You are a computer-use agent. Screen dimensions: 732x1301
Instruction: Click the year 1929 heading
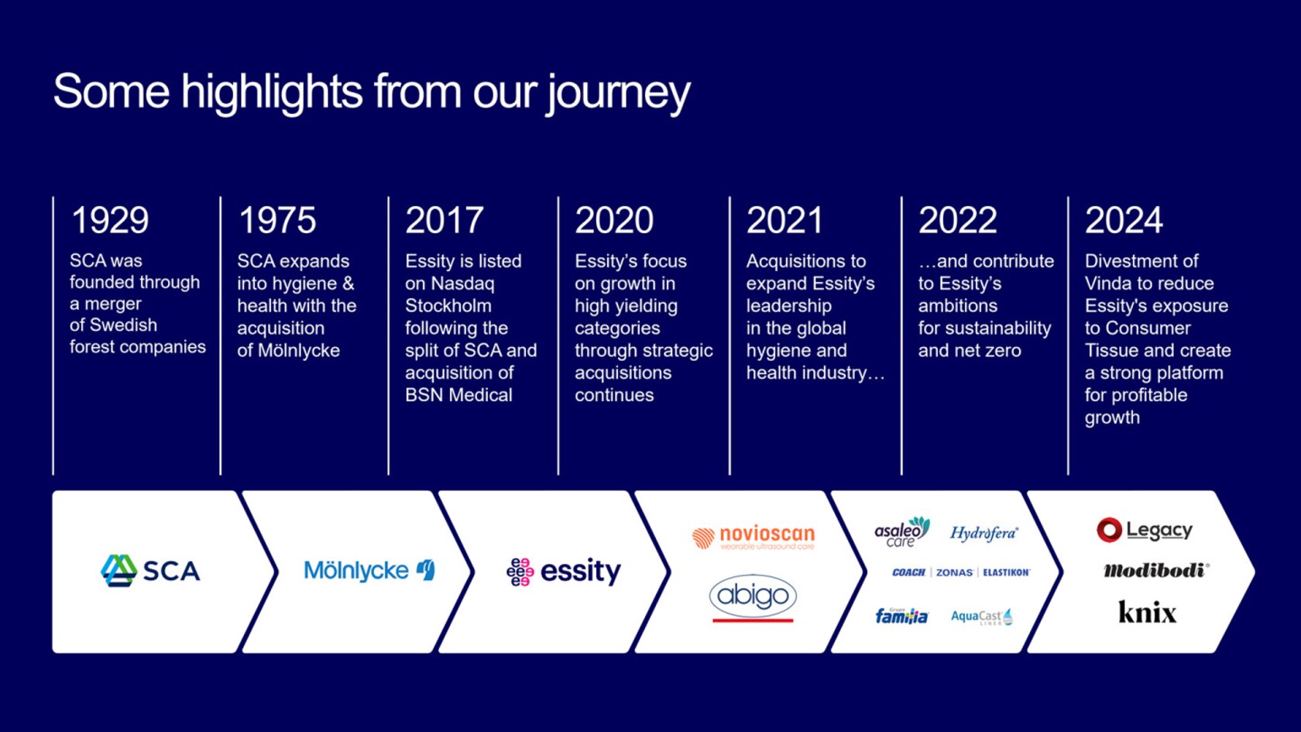coord(110,221)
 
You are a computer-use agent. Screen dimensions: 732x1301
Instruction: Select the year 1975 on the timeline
coord(277,221)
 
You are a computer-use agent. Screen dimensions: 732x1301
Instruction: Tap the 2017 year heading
coord(445,221)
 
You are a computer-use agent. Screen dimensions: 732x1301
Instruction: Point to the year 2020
coord(614,221)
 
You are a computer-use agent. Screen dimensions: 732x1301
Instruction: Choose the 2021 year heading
coord(784,221)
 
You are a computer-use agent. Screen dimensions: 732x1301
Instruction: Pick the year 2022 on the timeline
coord(957,221)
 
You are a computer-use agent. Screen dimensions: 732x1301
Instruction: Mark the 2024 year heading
coord(1124,221)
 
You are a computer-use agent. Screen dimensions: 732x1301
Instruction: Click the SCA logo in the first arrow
coord(151,571)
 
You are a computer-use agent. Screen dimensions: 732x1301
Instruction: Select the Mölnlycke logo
coord(369,571)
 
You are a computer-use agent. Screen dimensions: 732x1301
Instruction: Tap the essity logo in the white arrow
coord(564,572)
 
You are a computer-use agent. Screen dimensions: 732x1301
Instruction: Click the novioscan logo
coord(753,536)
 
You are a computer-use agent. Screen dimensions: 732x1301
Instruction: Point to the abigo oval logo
coord(752,596)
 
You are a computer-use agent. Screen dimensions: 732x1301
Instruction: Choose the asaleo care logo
coord(901,532)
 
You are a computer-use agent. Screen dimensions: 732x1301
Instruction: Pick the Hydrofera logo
coord(983,533)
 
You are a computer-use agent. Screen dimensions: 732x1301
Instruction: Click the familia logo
coord(901,616)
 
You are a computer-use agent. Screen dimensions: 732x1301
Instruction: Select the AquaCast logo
coord(981,617)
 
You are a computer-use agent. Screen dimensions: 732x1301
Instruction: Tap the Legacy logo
coord(1145,530)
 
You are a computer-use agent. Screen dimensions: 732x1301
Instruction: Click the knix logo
coord(1147,613)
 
